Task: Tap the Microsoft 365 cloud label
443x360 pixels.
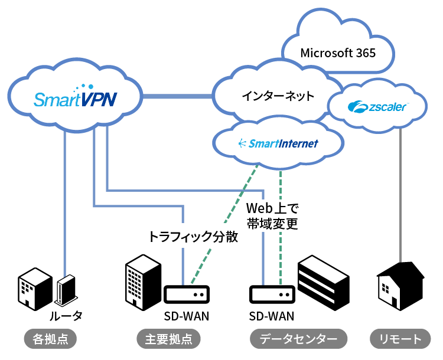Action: click(x=338, y=53)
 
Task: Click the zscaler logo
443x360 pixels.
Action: click(x=376, y=107)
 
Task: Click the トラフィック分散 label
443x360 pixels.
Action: click(x=193, y=237)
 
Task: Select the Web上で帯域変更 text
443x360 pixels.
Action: click(x=272, y=216)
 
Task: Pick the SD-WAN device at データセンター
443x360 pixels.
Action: click(x=272, y=294)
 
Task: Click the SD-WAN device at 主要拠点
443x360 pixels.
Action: click(x=186, y=294)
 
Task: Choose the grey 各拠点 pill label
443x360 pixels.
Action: click(x=51, y=339)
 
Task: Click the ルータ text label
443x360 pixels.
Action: click(x=66, y=316)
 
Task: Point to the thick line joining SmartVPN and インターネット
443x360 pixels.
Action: click(x=177, y=95)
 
